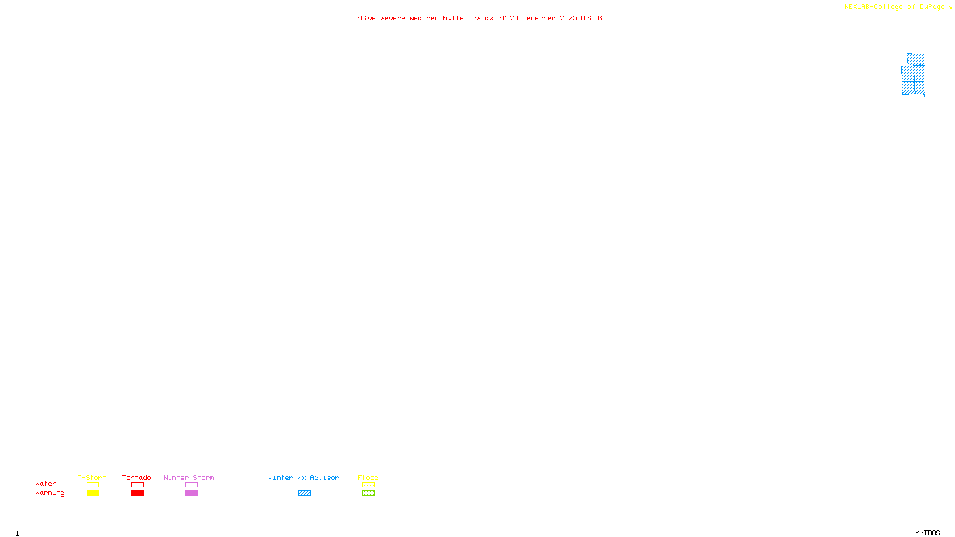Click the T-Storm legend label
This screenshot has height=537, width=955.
[x=92, y=477]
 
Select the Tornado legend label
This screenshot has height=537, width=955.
[x=137, y=477]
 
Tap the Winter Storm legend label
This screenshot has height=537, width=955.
[x=189, y=477]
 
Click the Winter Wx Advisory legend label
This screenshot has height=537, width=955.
[x=306, y=477]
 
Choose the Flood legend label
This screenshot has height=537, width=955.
[x=368, y=477]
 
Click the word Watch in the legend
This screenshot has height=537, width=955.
[x=46, y=483]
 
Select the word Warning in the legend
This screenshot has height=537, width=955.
[x=50, y=493]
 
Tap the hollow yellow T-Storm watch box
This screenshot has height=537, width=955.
[x=93, y=485]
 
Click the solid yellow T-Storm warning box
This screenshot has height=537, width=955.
[x=93, y=493]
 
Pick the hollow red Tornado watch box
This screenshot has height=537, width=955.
[x=138, y=485]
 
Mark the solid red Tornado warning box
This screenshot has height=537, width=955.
[x=138, y=493]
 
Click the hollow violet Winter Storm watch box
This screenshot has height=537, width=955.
[x=191, y=485]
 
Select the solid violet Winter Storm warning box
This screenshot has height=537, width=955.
[x=191, y=493]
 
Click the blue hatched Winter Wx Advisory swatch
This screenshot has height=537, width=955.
[x=304, y=493]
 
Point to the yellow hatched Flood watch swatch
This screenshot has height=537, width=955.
[x=368, y=485]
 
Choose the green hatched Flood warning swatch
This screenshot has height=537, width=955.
[x=368, y=493]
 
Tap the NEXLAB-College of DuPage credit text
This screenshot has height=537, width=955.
[x=895, y=7]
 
